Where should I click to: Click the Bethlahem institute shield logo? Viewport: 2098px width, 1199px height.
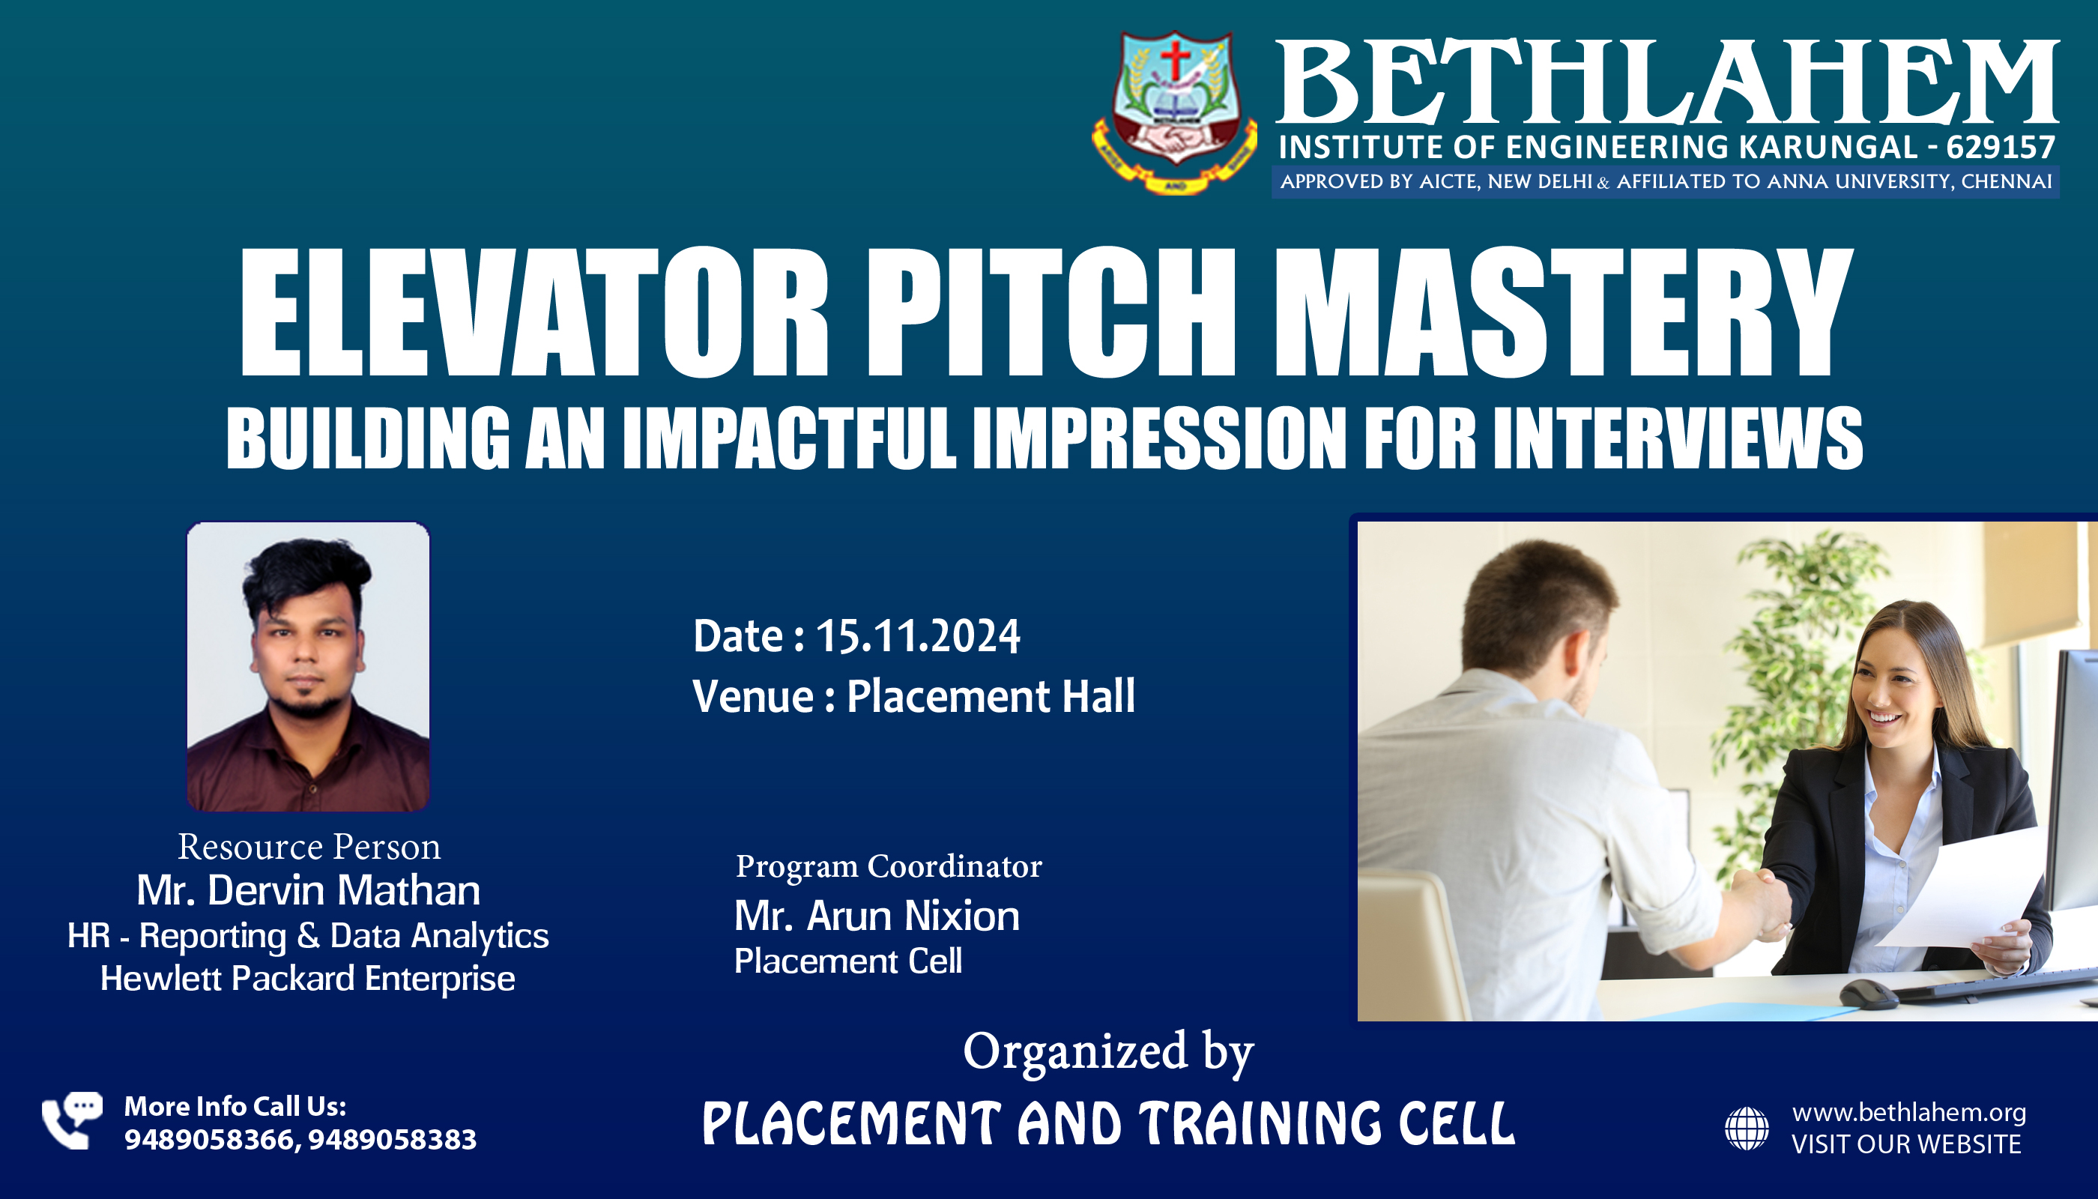tap(1175, 112)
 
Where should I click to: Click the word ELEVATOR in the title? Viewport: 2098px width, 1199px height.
tap(534, 313)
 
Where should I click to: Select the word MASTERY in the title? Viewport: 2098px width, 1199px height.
tap(1564, 313)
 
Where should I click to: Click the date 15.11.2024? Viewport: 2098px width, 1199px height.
tap(918, 636)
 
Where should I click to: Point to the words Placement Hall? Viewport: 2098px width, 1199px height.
tap(991, 696)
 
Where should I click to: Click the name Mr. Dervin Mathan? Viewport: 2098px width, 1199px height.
tap(309, 890)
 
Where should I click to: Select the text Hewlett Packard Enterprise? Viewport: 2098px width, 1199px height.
tap(308, 978)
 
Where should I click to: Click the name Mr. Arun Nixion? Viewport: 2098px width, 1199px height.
tap(877, 916)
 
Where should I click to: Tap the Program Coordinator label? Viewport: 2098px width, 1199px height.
tap(889, 866)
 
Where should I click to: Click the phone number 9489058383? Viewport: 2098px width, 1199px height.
tap(393, 1140)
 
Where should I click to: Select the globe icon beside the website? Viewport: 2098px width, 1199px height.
tap(1747, 1128)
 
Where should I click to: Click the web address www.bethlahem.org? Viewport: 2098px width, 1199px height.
tap(1909, 1113)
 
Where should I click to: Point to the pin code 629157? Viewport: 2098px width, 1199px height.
tap(2001, 148)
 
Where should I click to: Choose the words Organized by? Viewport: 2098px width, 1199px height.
tap(1108, 1052)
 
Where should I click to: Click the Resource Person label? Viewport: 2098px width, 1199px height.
tap(309, 847)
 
